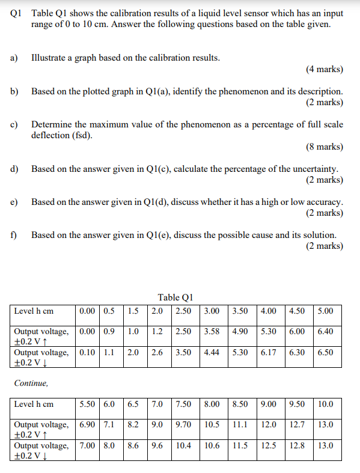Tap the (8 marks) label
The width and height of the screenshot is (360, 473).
[325, 147]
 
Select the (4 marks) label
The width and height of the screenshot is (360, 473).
[325, 69]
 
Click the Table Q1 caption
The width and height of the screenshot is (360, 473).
[175, 297]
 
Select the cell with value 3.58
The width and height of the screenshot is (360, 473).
[212, 331]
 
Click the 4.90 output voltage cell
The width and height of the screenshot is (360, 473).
[240, 331]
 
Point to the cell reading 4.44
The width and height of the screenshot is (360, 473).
[212, 352]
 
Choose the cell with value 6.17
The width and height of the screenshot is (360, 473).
[269, 352]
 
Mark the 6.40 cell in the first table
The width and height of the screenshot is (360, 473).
[325, 331]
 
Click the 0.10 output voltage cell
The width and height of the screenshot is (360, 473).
[87, 352]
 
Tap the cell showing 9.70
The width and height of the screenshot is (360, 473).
[183, 424]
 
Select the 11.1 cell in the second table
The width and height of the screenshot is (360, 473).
[240, 424]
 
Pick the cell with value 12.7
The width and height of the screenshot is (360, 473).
[296, 424]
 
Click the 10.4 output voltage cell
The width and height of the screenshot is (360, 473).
[183, 445]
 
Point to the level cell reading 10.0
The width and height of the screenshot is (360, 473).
[326, 404]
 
